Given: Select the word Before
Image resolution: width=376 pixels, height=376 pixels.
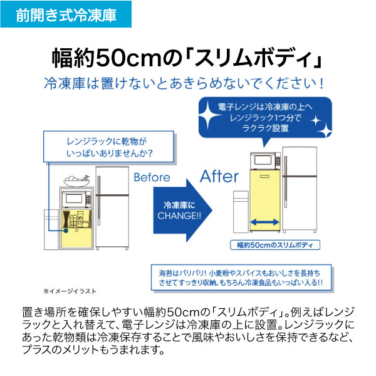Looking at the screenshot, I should (x=152, y=177).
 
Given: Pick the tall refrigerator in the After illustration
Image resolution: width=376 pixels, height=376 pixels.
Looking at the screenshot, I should (x=301, y=188).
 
